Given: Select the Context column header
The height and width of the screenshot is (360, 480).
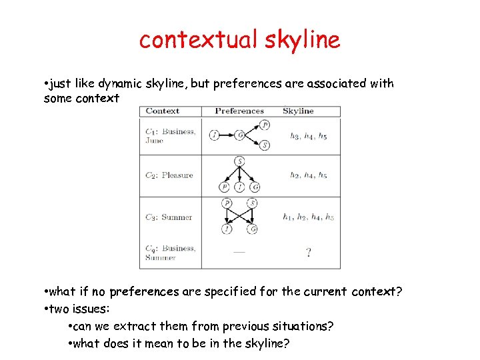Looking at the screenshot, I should [x=162, y=111].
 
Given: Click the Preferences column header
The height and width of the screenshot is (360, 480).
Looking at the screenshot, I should [x=239, y=111].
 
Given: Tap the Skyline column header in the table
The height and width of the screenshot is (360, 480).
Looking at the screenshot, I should [x=298, y=111].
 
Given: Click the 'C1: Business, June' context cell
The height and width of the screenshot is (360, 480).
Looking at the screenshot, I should [x=170, y=136].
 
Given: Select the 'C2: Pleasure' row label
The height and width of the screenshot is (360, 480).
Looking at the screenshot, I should [x=169, y=175].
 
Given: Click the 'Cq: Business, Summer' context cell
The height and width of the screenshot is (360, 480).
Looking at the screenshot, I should [x=170, y=253].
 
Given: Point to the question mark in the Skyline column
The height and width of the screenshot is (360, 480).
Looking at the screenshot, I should [x=308, y=253].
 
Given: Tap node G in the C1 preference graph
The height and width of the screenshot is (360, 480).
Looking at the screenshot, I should [x=239, y=135].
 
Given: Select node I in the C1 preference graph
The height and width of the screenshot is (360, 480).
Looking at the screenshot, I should [x=214, y=135].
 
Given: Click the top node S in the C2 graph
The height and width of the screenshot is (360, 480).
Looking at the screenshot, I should [x=239, y=161].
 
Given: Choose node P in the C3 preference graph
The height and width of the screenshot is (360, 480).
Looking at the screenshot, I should [x=227, y=203].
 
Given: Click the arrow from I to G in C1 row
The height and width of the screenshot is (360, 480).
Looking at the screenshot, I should [x=227, y=135].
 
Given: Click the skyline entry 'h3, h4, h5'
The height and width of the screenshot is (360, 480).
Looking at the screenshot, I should [x=308, y=136].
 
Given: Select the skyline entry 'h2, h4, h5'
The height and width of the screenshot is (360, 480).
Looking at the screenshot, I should [x=308, y=175].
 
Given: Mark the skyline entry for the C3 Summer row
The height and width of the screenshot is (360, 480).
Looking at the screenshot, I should [x=308, y=217].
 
